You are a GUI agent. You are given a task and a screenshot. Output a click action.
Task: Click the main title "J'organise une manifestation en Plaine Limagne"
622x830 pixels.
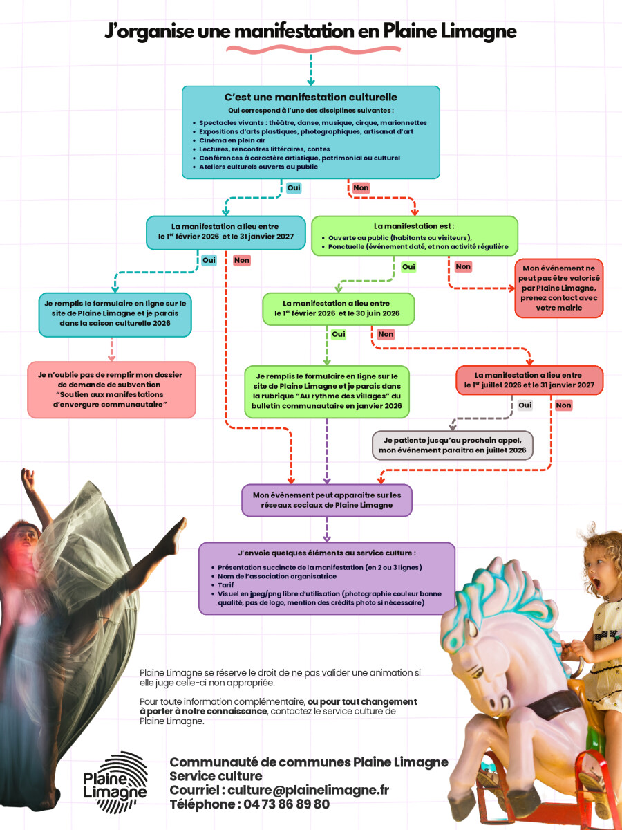click(x=310, y=32)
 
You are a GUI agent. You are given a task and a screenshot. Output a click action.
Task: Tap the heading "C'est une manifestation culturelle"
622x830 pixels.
click(x=310, y=98)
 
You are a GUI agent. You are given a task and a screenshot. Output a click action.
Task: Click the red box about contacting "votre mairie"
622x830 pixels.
click(x=558, y=288)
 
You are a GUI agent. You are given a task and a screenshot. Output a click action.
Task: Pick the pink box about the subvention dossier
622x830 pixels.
click(x=111, y=389)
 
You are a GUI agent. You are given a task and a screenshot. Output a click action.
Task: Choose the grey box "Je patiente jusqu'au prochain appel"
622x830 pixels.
click(x=452, y=445)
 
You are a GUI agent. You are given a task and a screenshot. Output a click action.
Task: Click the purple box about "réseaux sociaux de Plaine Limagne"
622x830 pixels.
click(x=327, y=500)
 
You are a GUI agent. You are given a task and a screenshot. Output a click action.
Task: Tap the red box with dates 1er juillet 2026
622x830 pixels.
click(x=529, y=380)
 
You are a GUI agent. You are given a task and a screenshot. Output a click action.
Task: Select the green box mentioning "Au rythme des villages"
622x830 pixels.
click(x=326, y=391)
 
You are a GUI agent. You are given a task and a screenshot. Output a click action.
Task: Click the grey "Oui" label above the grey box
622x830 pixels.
click(x=525, y=405)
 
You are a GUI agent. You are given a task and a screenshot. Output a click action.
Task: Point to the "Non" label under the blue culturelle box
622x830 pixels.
click(x=361, y=187)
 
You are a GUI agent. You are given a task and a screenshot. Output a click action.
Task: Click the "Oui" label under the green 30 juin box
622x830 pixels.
click(x=339, y=334)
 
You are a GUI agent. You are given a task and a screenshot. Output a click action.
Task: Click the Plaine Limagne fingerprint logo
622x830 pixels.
click(x=115, y=782)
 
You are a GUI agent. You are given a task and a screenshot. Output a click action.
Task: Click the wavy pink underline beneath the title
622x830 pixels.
click(x=310, y=50)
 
